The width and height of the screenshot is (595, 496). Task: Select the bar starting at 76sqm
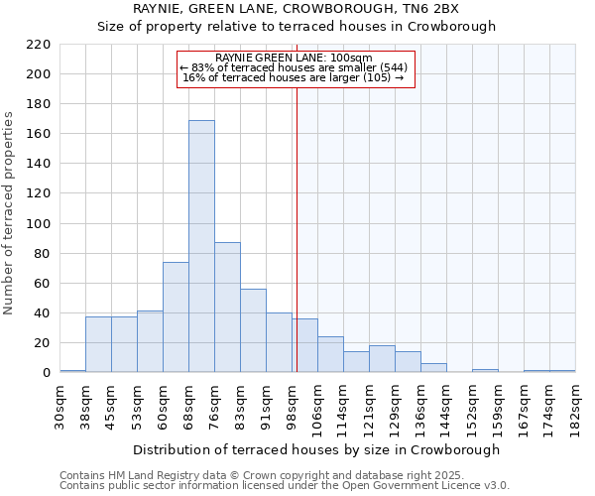227,308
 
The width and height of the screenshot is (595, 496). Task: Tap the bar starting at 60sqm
176,317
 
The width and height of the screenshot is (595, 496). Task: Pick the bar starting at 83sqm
253,330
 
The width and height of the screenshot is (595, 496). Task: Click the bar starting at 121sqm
382,359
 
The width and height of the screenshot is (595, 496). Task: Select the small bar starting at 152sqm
485,371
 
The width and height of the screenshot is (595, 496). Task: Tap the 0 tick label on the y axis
46,373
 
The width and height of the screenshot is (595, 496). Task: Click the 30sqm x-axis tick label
60,405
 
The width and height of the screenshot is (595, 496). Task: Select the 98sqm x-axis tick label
293,405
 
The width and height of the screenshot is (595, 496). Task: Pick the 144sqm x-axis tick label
447,405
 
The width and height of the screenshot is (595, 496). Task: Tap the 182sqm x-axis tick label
576,405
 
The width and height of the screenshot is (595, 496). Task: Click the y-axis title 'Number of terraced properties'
10,213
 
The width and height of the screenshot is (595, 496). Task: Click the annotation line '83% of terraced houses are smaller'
294,67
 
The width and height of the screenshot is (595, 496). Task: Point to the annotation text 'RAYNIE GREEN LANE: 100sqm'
294,58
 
